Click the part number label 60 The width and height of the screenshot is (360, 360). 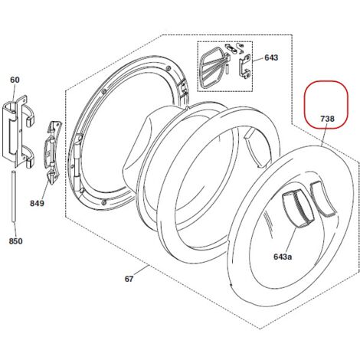(15, 80)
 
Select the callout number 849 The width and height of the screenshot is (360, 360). (37, 203)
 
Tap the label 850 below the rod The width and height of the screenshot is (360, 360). (15, 241)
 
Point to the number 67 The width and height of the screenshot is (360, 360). (129, 279)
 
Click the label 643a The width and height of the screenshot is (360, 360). (283, 257)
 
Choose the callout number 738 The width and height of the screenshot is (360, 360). (327, 119)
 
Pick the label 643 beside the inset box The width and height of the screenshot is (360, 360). (271, 57)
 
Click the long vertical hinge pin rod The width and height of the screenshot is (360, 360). (14, 198)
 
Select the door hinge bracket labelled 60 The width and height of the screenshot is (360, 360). (18, 131)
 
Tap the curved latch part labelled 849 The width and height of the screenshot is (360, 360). (53, 152)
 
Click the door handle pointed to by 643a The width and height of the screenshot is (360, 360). (297, 208)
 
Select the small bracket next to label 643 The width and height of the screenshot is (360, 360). (245, 67)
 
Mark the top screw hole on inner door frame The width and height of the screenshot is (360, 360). (168, 67)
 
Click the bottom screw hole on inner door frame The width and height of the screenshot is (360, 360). (103, 202)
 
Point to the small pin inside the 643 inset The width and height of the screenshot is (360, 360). (227, 69)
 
